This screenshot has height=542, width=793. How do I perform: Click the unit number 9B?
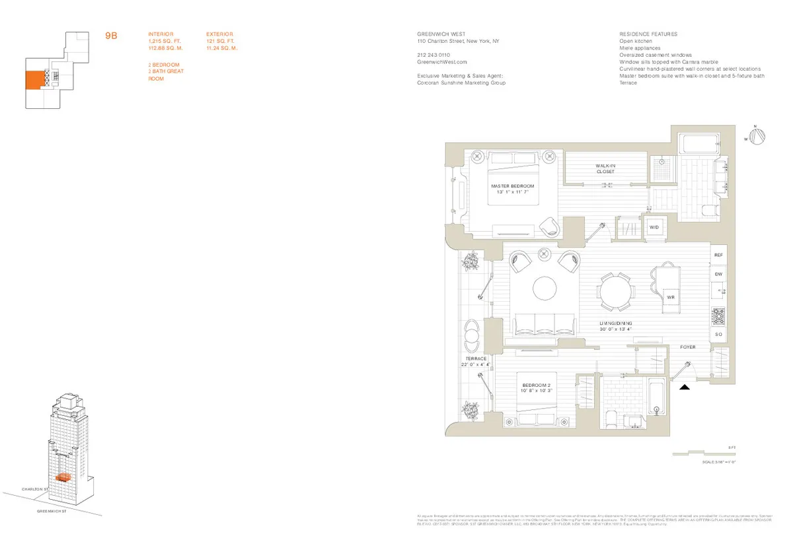pos(112,36)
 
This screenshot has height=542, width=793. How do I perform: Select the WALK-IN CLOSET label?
pos(605,169)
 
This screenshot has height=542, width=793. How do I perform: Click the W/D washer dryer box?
pos(654,227)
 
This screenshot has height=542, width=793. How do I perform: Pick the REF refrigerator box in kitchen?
pos(719,254)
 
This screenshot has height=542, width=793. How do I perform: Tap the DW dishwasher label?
pos(719,274)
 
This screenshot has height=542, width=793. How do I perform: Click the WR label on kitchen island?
pos(670,298)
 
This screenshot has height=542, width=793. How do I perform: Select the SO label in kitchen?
pos(719,335)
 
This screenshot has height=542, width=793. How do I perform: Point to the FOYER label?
pos(688,347)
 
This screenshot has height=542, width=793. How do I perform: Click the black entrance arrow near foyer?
pos(685,388)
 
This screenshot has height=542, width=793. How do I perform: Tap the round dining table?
pos(616,290)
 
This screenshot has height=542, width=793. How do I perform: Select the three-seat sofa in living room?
pos(545,323)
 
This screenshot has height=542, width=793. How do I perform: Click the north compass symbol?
pos(760,135)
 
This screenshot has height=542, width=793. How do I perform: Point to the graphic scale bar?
pos(700,454)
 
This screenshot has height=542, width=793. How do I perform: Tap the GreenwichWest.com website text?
pos(437,61)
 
